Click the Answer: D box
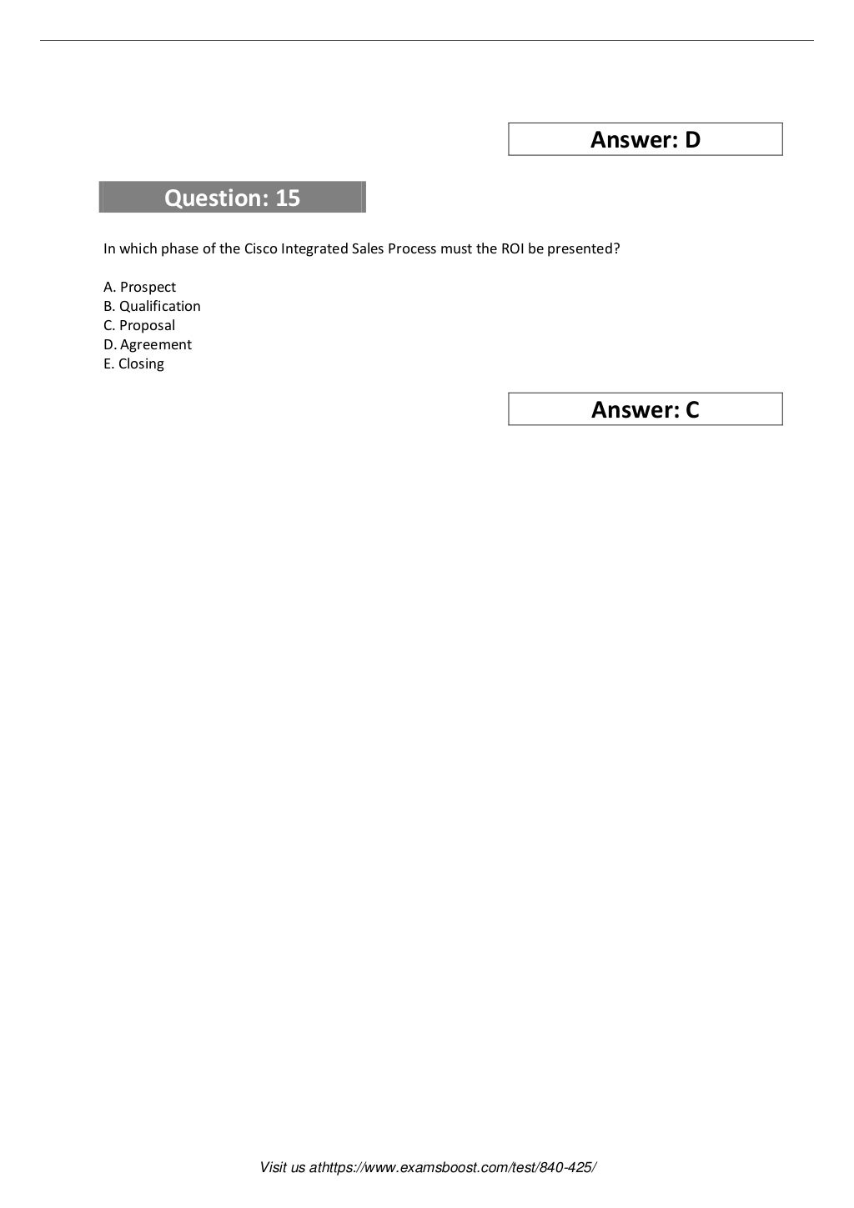pyautogui.click(x=645, y=139)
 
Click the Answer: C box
pyautogui.click(x=645, y=409)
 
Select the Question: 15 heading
pyautogui.click(x=232, y=198)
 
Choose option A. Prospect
pyautogui.click(x=140, y=287)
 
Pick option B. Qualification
pyautogui.click(x=152, y=306)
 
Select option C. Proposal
pyautogui.click(x=139, y=325)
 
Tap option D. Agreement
pyautogui.click(x=148, y=344)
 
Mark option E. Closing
pyautogui.click(x=133, y=363)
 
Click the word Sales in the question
pyautogui.click(x=365, y=249)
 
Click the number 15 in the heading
pyautogui.click(x=287, y=198)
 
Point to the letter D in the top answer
pyautogui.click(x=692, y=139)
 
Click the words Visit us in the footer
pyautogui.click(x=283, y=1168)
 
